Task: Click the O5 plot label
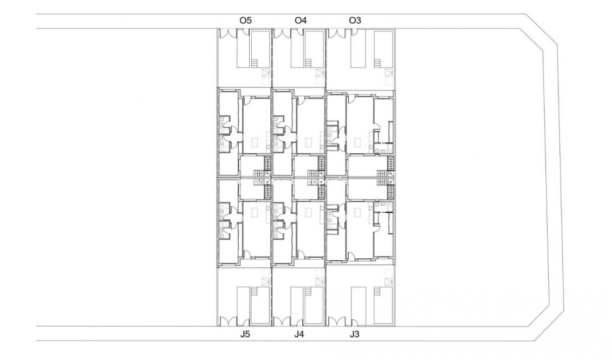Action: click(245, 21)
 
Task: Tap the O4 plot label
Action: click(300, 21)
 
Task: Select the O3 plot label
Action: click(355, 21)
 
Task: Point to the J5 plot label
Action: click(245, 335)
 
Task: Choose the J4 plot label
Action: click(300, 335)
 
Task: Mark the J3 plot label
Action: click(354, 335)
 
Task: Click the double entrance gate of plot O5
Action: click(228, 33)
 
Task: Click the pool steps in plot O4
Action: click(308, 63)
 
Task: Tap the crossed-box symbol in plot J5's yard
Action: click(265, 280)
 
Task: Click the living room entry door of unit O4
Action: click(301, 101)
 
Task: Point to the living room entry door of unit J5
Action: click(246, 254)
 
